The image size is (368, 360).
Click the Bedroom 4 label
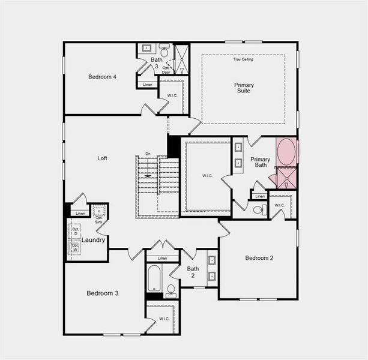pyautogui.click(x=102, y=77)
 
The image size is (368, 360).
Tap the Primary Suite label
pyautogui.click(x=244, y=88)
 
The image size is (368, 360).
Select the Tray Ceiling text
pyautogui.click(x=244, y=59)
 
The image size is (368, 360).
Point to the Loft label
pyautogui.click(x=103, y=158)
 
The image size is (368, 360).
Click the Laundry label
pyautogui.click(x=94, y=240)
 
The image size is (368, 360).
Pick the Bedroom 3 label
pyautogui.click(x=102, y=293)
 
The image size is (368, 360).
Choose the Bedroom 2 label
pyautogui.click(x=259, y=258)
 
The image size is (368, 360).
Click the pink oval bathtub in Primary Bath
pyautogui.click(x=286, y=152)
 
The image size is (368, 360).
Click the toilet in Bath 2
pyautogui.click(x=170, y=291)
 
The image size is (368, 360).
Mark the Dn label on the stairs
pyautogui.click(x=148, y=154)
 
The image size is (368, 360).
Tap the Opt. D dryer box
pyautogui.click(x=76, y=232)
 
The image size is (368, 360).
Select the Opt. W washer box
pyautogui.click(x=76, y=247)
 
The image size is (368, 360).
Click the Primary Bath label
pyautogui.click(x=261, y=162)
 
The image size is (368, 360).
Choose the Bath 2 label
pyautogui.click(x=193, y=272)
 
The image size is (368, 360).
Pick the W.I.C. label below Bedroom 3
pyautogui.click(x=164, y=319)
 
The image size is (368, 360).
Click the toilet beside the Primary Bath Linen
pyautogui.click(x=259, y=209)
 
